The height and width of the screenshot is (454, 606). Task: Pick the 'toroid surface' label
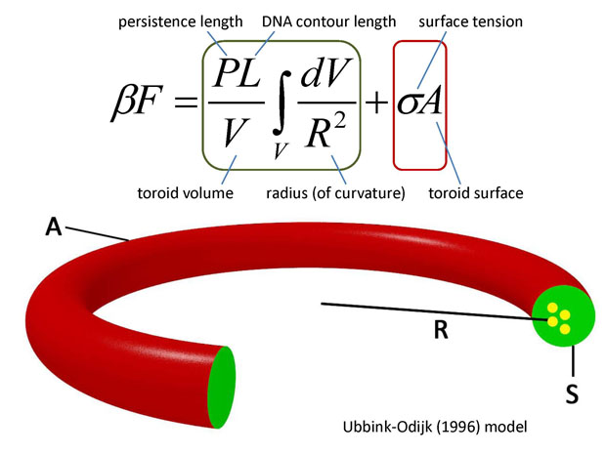click(x=476, y=193)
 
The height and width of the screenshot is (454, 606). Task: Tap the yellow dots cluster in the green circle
click(x=559, y=318)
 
